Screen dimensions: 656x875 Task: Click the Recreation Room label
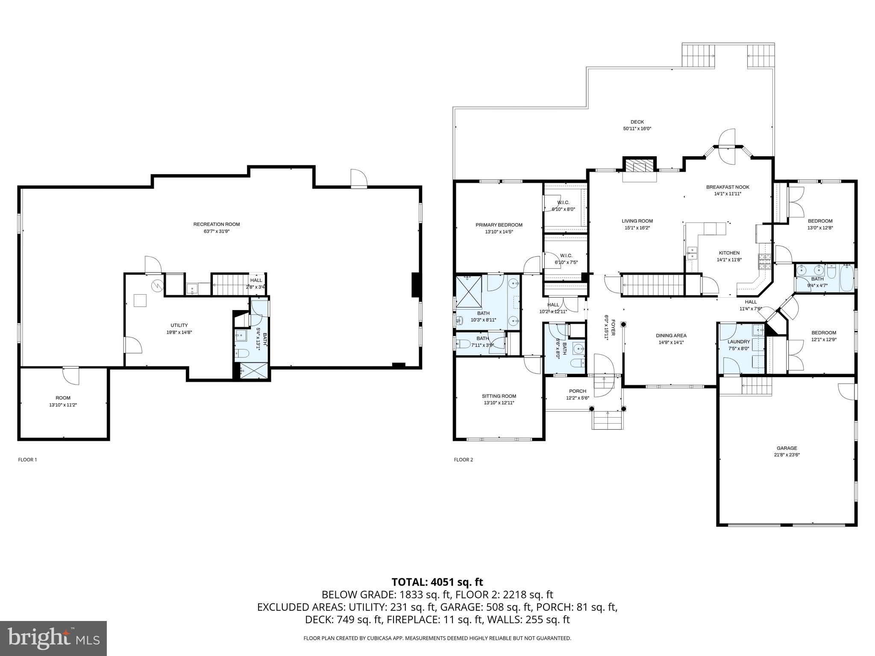tap(217, 224)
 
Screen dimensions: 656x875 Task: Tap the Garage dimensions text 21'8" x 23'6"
tap(787, 455)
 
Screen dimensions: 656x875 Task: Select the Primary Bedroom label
tap(499, 225)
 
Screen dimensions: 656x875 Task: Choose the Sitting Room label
tap(499, 396)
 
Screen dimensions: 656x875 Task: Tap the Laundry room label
tap(739, 342)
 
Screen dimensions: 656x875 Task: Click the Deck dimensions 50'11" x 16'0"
tap(637, 129)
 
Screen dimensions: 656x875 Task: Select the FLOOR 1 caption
tap(27, 460)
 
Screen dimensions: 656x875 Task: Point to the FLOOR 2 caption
tap(463, 460)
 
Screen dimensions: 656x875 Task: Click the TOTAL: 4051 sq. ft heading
tap(437, 582)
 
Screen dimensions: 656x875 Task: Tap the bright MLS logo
tap(53, 638)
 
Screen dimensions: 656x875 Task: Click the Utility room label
tap(179, 325)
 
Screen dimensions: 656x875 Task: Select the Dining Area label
tap(671, 336)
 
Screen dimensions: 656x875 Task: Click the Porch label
tap(578, 391)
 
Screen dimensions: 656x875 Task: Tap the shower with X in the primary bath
tap(469, 292)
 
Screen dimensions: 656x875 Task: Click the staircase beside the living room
tap(653, 285)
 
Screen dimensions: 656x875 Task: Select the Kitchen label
tap(729, 253)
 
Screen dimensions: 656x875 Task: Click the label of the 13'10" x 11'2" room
tap(63, 398)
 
